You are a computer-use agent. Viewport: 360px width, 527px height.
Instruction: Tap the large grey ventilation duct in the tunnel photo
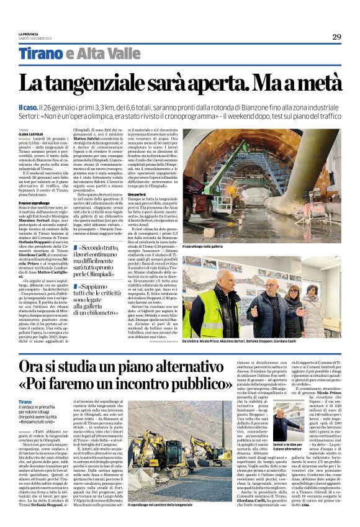click(x=248, y=149)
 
